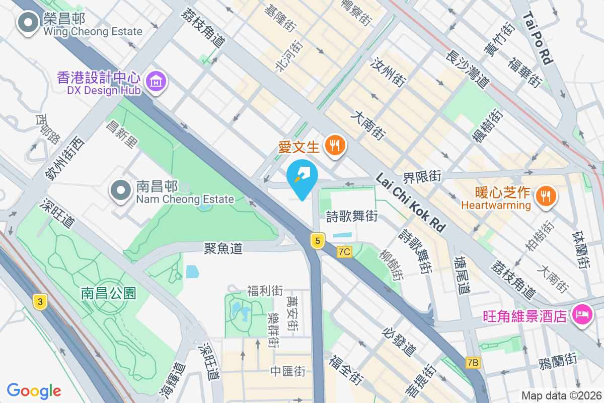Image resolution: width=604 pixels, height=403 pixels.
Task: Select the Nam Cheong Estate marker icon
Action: [x=121, y=191]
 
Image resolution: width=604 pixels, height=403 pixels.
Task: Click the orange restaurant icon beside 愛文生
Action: [x=334, y=146]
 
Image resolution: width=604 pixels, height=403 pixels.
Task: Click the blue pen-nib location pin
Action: [x=302, y=178]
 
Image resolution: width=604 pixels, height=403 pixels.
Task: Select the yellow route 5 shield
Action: [x=317, y=241]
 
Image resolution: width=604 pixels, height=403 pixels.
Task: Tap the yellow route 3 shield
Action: [x=40, y=302]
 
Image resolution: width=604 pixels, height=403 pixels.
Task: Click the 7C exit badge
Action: [x=344, y=251]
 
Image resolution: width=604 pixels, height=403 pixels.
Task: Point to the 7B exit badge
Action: [x=473, y=362]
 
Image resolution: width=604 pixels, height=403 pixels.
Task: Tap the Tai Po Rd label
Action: [x=538, y=38]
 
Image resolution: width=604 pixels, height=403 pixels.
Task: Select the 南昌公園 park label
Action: [x=109, y=293]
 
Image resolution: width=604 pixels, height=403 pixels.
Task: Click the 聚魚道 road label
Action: [x=223, y=248]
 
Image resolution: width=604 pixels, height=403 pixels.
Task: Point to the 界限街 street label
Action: [x=422, y=176]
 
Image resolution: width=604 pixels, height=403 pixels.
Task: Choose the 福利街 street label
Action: [x=265, y=291]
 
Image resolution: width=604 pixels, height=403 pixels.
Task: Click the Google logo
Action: [x=34, y=390]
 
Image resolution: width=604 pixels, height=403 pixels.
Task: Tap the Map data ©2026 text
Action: [x=561, y=396]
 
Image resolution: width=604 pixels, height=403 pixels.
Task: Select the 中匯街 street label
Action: [x=288, y=371]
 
